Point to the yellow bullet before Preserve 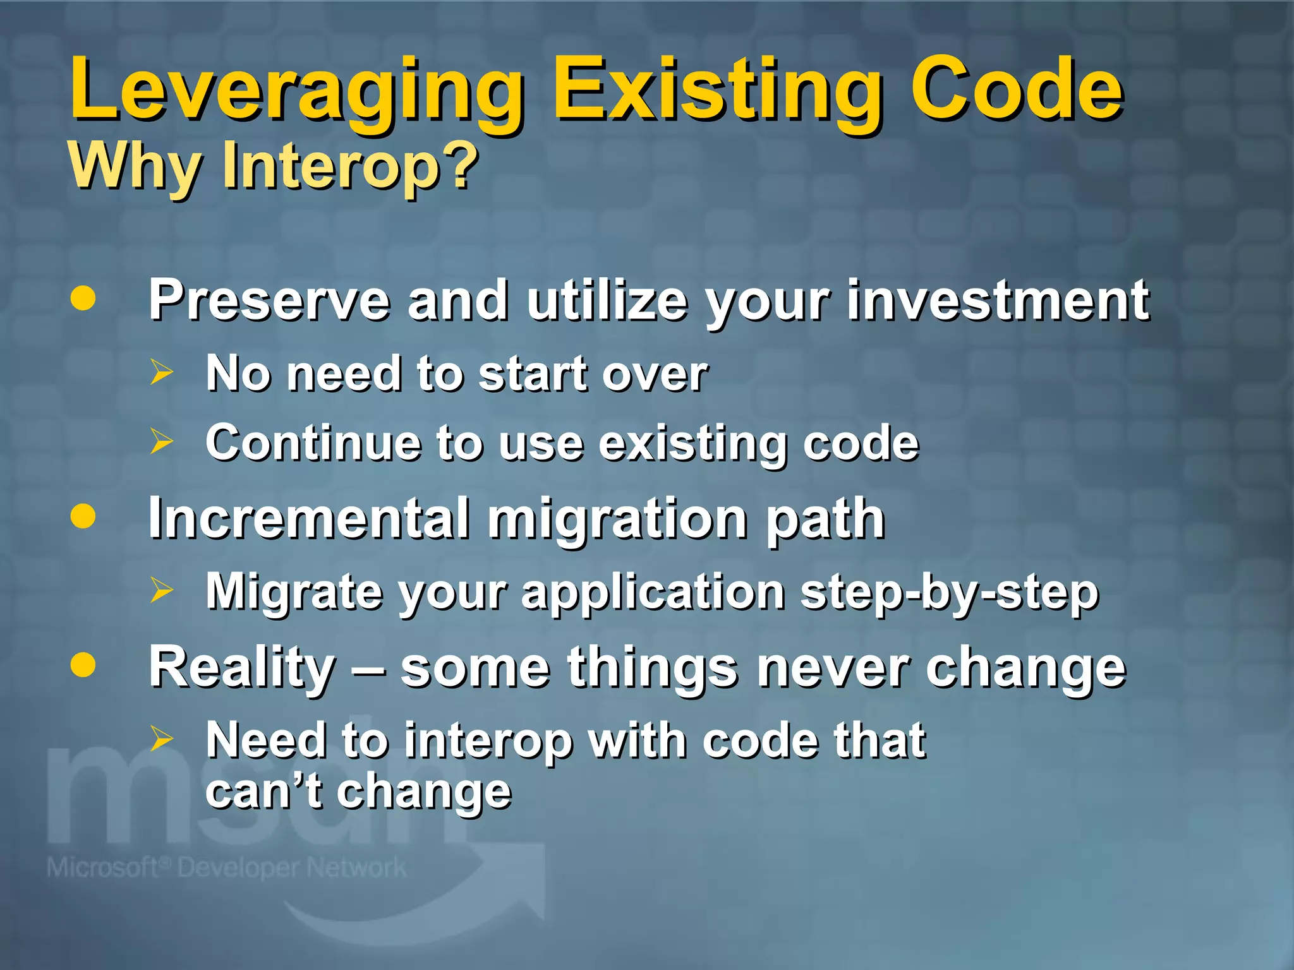pos(83,298)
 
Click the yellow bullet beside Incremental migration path pos(83,516)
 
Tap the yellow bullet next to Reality pos(83,665)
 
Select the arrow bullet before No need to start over pos(161,373)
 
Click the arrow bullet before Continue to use pos(161,441)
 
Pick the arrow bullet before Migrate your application pos(161,590)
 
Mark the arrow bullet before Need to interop pos(161,738)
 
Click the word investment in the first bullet pos(998,301)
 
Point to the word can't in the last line pos(263,791)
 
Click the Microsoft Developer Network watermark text pos(226,868)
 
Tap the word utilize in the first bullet pos(607,301)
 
